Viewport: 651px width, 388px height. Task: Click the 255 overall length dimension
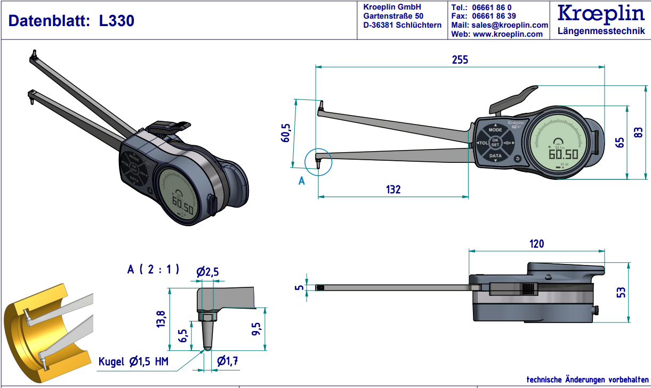pos(460,60)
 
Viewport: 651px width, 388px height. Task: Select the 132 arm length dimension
pos(393,189)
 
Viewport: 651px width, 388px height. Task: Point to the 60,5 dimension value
pos(286,132)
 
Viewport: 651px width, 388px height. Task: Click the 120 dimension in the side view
pos(536,244)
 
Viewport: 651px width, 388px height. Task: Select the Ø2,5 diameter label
pos(207,272)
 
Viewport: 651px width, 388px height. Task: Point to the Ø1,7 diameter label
pos(227,361)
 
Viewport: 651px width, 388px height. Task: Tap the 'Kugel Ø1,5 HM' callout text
pos(133,362)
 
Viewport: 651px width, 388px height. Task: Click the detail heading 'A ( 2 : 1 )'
pos(153,269)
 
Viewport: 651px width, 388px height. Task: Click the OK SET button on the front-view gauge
pos(495,143)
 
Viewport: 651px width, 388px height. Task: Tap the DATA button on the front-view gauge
pos(495,156)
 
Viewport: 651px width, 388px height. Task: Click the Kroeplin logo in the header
pos(600,14)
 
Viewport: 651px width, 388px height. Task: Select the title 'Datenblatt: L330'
pos(71,21)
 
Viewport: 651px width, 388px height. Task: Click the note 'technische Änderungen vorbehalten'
pos(587,379)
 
